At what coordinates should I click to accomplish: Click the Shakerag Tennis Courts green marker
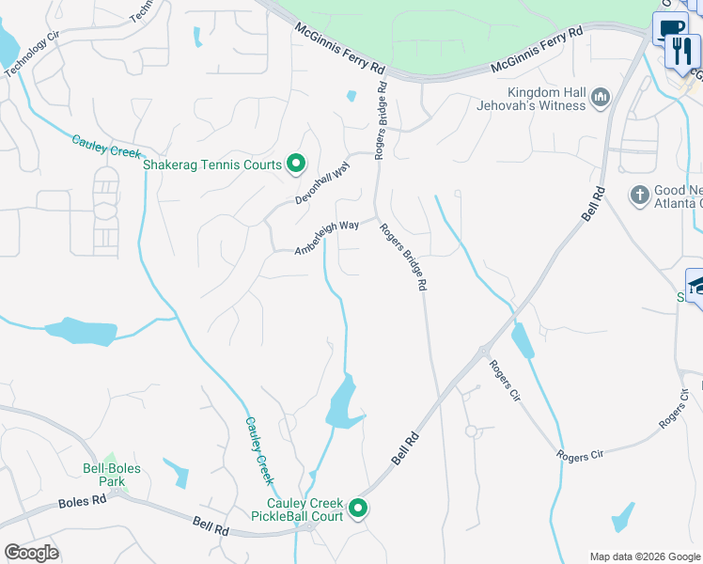[x=296, y=164]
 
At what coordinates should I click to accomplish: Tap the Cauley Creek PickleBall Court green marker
[x=358, y=509]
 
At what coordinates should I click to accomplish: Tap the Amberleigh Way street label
[x=327, y=238]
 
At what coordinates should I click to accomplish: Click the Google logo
[x=31, y=553]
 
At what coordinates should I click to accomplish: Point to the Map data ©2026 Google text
[x=644, y=556]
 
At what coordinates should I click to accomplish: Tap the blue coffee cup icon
[x=669, y=29]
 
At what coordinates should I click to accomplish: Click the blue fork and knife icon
[x=681, y=51]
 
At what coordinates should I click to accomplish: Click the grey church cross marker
[x=640, y=196]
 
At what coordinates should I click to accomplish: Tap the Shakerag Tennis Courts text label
[x=212, y=164]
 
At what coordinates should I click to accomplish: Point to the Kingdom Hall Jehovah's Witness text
[x=547, y=99]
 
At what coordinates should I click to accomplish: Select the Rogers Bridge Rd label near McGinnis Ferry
[x=382, y=120]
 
